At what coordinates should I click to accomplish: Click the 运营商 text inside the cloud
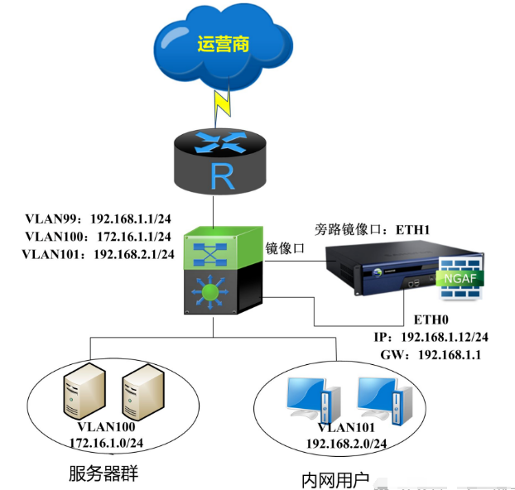(223, 44)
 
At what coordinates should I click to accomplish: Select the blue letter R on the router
(223, 176)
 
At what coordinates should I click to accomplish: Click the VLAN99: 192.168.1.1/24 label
(99, 219)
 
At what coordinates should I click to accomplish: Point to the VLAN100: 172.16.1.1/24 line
(99, 237)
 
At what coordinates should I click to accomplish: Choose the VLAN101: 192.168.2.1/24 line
(99, 254)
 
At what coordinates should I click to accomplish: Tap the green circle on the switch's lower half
(209, 292)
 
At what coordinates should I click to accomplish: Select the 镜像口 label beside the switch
(285, 248)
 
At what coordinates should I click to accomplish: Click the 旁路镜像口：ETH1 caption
(372, 229)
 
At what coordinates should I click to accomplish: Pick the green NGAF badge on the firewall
(460, 279)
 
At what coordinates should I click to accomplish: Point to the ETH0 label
(431, 319)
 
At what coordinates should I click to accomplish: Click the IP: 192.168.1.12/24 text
(431, 337)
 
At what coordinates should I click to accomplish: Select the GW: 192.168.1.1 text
(431, 355)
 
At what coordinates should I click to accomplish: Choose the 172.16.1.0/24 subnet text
(107, 443)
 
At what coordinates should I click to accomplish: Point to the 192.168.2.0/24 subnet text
(346, 444)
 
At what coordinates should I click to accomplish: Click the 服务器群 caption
(103, 473)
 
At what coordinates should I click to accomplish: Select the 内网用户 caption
(335, 481)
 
